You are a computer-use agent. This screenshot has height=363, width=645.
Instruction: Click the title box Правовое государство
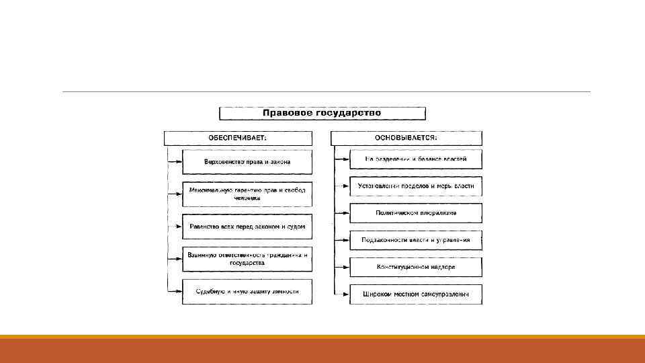click(x=322, y=113)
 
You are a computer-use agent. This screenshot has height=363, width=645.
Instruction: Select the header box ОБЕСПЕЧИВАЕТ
click(x=239, y=138)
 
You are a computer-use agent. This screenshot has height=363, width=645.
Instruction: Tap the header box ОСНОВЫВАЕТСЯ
click(x=406, y=138)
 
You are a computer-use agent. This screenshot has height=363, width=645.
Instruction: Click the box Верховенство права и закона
click(x=247, y=162)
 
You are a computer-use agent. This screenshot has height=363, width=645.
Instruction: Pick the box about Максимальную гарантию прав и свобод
click(x=247, y=194)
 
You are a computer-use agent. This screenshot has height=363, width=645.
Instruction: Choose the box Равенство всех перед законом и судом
click(x=247, y=227)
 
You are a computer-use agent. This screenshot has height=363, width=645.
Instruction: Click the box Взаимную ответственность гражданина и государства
click(x=247, y=259)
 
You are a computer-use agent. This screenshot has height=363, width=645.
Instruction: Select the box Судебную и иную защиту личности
click(x=247, y=291)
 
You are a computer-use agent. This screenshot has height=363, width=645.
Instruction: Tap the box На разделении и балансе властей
click(x=415, y=159)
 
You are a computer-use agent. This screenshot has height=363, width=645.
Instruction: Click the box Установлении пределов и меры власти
click(x=415, y=186)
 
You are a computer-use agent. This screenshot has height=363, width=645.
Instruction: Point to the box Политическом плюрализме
click(x=415, y=213)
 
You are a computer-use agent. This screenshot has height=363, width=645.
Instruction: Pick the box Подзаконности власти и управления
click(x=415, y=240)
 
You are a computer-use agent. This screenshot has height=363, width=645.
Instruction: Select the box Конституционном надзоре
click(x=415, y=267)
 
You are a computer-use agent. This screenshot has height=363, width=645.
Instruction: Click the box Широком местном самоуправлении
click(x=415, y=294)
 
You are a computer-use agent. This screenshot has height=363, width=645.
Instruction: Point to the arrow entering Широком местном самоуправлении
click(x=343, y=294)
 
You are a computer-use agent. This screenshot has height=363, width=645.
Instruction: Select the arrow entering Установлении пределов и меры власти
click(x=343, y=186)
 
